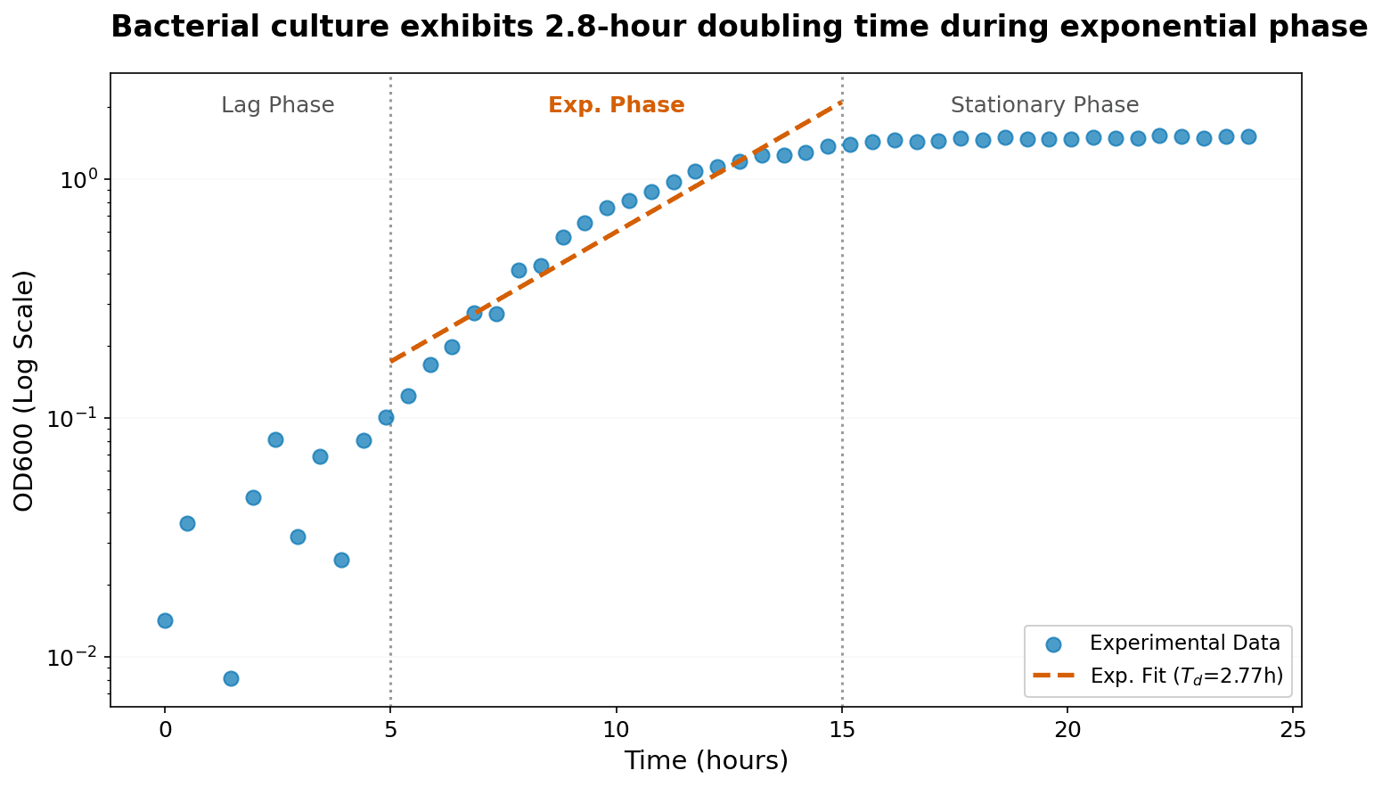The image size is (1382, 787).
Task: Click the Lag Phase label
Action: click(277, 105)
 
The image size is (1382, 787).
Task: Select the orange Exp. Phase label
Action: click(616, 105)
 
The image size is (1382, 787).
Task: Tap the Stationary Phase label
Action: click(1044, 105)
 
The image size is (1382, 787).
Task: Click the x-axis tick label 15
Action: click(842, 732)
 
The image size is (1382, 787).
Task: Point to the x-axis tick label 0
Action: click(165, 732)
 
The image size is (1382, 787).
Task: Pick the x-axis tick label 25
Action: click(1293, 732)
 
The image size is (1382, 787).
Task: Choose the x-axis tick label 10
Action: click(616, 732)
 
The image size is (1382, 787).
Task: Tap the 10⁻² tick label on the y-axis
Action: click(75, 658)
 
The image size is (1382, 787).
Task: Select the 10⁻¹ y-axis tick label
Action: click(75, 419)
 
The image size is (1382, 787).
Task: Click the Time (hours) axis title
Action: click(706, 760)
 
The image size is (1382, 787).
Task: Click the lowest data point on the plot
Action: click(231, 678)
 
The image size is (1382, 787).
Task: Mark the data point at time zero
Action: click(165, 620)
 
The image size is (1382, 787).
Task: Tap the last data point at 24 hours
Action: click(1248, 136)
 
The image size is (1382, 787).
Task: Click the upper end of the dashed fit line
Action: click(841, 102)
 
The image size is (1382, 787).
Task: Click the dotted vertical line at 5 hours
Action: click(390, 535)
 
